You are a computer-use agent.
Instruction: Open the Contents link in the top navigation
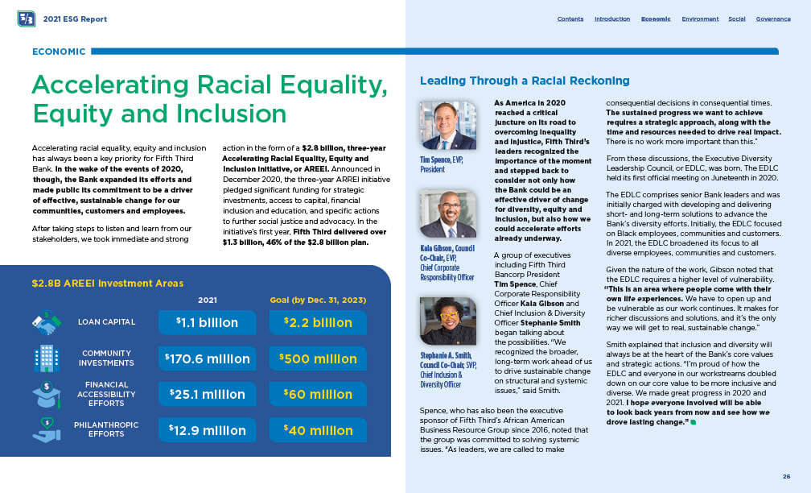pos(570,19)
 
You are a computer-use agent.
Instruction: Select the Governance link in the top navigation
pos(773,19)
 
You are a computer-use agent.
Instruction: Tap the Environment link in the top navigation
pos(700,19)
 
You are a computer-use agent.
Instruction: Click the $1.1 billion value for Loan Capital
pos(208,322)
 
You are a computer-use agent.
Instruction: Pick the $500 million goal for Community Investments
pos(318,358)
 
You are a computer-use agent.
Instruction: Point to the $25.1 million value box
pos(208,395)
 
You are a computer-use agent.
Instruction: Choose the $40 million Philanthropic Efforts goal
pos(318,430)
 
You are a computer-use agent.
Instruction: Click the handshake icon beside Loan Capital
pos(46,323)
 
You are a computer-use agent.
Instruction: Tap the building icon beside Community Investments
pos(46,358)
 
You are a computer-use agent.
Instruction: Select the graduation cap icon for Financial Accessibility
pos(46,395)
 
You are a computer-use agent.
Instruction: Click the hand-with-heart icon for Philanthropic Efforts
pos(46,430)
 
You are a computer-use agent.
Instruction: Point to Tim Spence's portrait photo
pos(448,125)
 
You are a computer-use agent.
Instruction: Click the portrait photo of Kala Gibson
pos(448,213)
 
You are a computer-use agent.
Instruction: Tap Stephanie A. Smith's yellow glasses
pos(448,313)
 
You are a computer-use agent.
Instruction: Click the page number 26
pos(786,476)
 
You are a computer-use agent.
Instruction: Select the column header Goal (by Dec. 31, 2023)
pos(318,300)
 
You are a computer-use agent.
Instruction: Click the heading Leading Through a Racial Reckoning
pos(525,81)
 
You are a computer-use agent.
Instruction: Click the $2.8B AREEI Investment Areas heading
pos(107,283)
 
